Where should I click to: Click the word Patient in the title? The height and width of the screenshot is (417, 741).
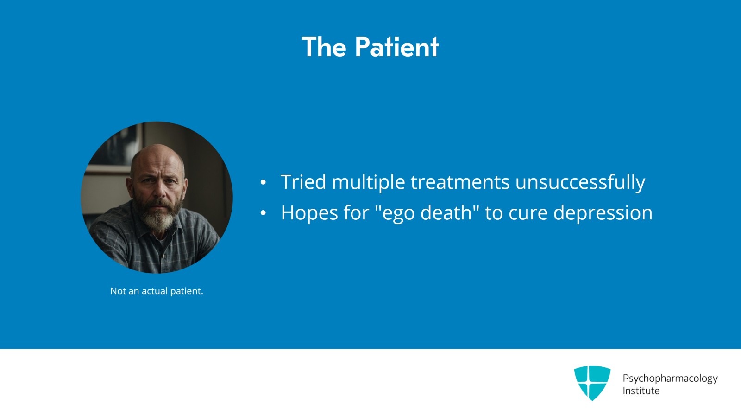point(397,47)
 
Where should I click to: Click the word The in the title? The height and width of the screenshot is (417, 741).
point(324,47)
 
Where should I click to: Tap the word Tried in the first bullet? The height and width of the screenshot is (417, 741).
point(303,182)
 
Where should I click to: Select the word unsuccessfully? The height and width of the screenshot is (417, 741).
point(580,182)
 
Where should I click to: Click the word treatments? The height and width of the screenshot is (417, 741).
point(460,182)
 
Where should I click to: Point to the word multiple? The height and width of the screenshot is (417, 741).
point(368,182)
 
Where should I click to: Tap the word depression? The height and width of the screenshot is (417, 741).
point(603,213)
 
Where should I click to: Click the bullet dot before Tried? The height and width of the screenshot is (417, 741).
point(263,183)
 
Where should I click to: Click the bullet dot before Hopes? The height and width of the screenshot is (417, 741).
point(263,213)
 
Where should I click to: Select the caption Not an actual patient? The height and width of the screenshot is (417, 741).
point(157,291)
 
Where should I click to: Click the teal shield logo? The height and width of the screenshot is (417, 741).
point(592,382)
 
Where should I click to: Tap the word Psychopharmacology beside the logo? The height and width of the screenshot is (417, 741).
point(670,378)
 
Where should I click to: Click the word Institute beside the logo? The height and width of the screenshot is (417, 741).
point(641,391)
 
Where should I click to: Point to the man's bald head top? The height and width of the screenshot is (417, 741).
point(157,152)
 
